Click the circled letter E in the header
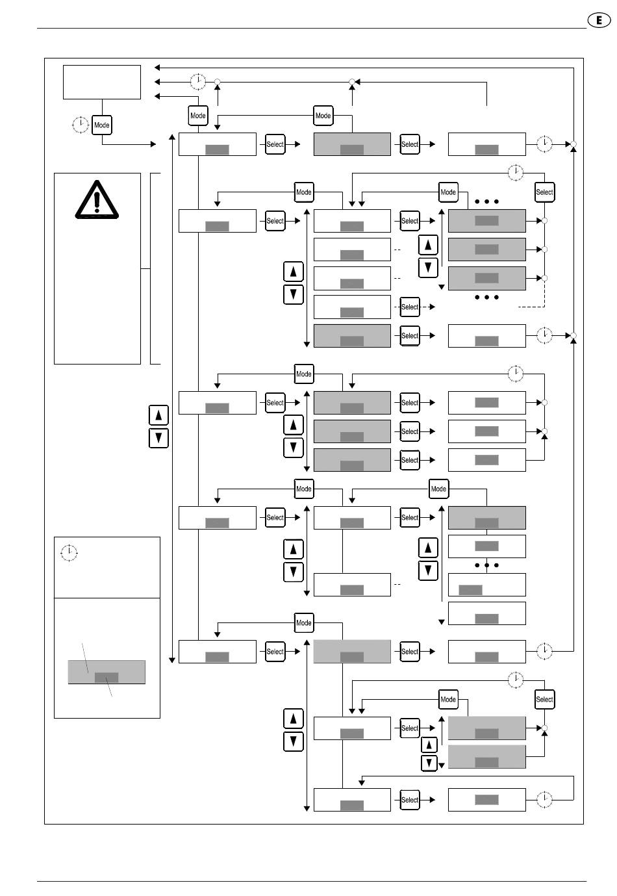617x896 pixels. (x=599, y=20)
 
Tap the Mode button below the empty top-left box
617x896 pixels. (x=102, y=125)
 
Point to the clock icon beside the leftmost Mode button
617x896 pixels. (x=80, y=124)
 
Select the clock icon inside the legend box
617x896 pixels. (x=68, y=553)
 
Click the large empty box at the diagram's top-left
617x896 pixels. (x=102, y=82)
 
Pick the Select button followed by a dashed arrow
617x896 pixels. (x=410, y=307)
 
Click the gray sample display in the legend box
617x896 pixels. (x=107, y=672)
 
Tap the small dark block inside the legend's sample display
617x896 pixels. (x=107, y=678)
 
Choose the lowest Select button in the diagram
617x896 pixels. (x=410, y=800)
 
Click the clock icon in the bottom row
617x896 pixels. (x=545, y=800)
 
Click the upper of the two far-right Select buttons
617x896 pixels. (x=544, y=192)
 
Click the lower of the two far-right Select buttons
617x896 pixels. (x=544, y=699)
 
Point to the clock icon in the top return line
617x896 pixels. (x=198, y=81)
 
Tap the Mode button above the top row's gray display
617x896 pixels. (x=323, y=116)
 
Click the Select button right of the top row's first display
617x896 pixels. (x=275, y=144)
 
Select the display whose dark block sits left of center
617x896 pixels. (x=486, y=585)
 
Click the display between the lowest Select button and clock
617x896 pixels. (x=486, y=800)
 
